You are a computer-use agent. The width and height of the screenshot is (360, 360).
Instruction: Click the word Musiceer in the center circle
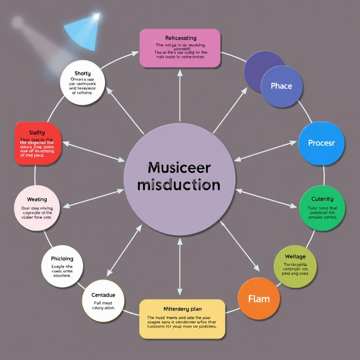[x=179, y=168]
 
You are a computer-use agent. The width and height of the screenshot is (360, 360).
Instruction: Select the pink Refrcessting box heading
[x=181, y=38]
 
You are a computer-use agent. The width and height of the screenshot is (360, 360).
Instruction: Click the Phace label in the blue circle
[x=281, y=86]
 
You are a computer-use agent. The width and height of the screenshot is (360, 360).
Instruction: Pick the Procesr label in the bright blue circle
[x=321, y=143]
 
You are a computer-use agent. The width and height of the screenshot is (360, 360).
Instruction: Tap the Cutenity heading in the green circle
[x=322, y=199]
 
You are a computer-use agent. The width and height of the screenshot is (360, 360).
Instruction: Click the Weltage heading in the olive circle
[x=295, y=257]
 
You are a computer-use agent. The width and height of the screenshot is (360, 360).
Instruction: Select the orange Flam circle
[x=259, y=299]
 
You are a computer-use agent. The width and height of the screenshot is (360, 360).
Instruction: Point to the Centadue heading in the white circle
[x=103, y=295]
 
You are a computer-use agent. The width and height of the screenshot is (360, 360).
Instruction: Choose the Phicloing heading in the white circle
[x=62, y=259]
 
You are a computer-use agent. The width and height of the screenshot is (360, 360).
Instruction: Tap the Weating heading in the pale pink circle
[x=37, y=199]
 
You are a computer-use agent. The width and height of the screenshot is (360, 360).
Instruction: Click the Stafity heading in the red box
[x=37, y=133]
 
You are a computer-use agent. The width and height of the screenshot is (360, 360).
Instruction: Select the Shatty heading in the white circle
[x=83, y=73]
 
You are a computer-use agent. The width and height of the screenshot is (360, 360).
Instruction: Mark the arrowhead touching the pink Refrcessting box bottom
[x=180, y=73]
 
